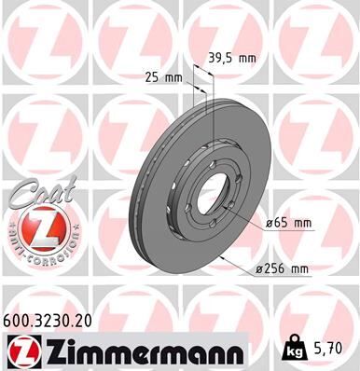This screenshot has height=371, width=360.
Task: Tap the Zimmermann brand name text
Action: (x=149, y=351)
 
